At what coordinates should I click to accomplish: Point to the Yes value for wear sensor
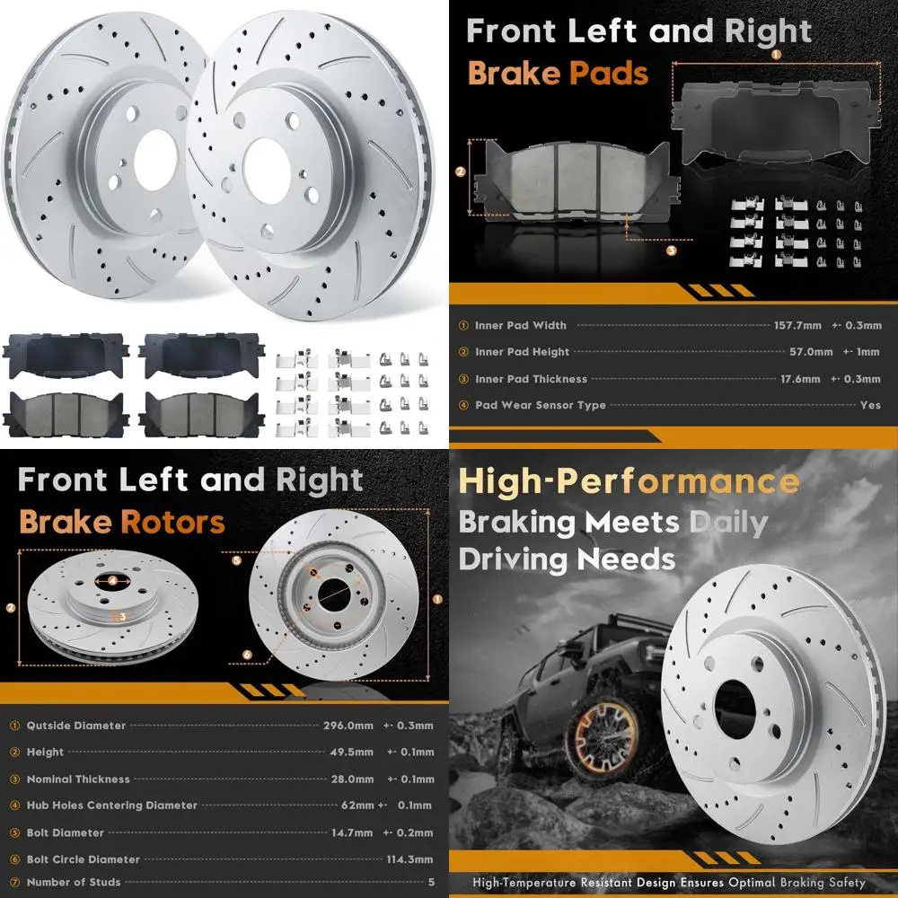pos(870,405)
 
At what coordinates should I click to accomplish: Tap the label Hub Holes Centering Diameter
pos(111,806)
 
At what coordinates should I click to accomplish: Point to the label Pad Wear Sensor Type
pos(540,406)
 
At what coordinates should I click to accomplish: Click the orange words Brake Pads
pos(558,73)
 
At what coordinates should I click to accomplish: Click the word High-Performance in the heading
pos(629,482)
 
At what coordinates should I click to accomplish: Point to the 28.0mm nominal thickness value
pos(348,779)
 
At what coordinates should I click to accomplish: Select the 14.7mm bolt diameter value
pos(348,832)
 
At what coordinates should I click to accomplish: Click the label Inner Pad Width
pos(521,326)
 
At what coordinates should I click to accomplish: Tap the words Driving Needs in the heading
pos(567,559)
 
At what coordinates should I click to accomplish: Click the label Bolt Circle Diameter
pos(83,859)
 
